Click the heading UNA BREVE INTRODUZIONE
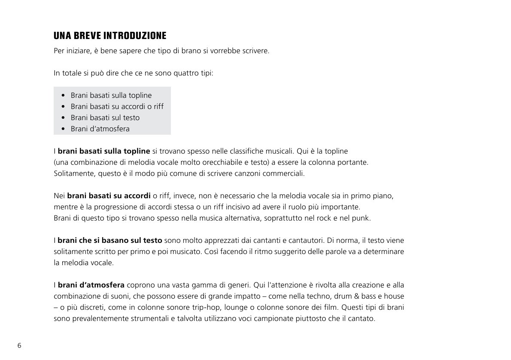coord(110,35)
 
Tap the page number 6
coord(19,345)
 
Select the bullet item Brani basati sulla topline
coord(111,95)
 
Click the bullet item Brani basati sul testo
coord(105,118)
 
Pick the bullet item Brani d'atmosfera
coord(100,129)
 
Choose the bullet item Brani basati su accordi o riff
coord(117,106)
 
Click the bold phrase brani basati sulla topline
coord(104,151)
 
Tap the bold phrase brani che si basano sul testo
coord(110,240)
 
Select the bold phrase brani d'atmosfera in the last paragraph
coord(91,285)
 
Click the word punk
coord(362,218)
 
